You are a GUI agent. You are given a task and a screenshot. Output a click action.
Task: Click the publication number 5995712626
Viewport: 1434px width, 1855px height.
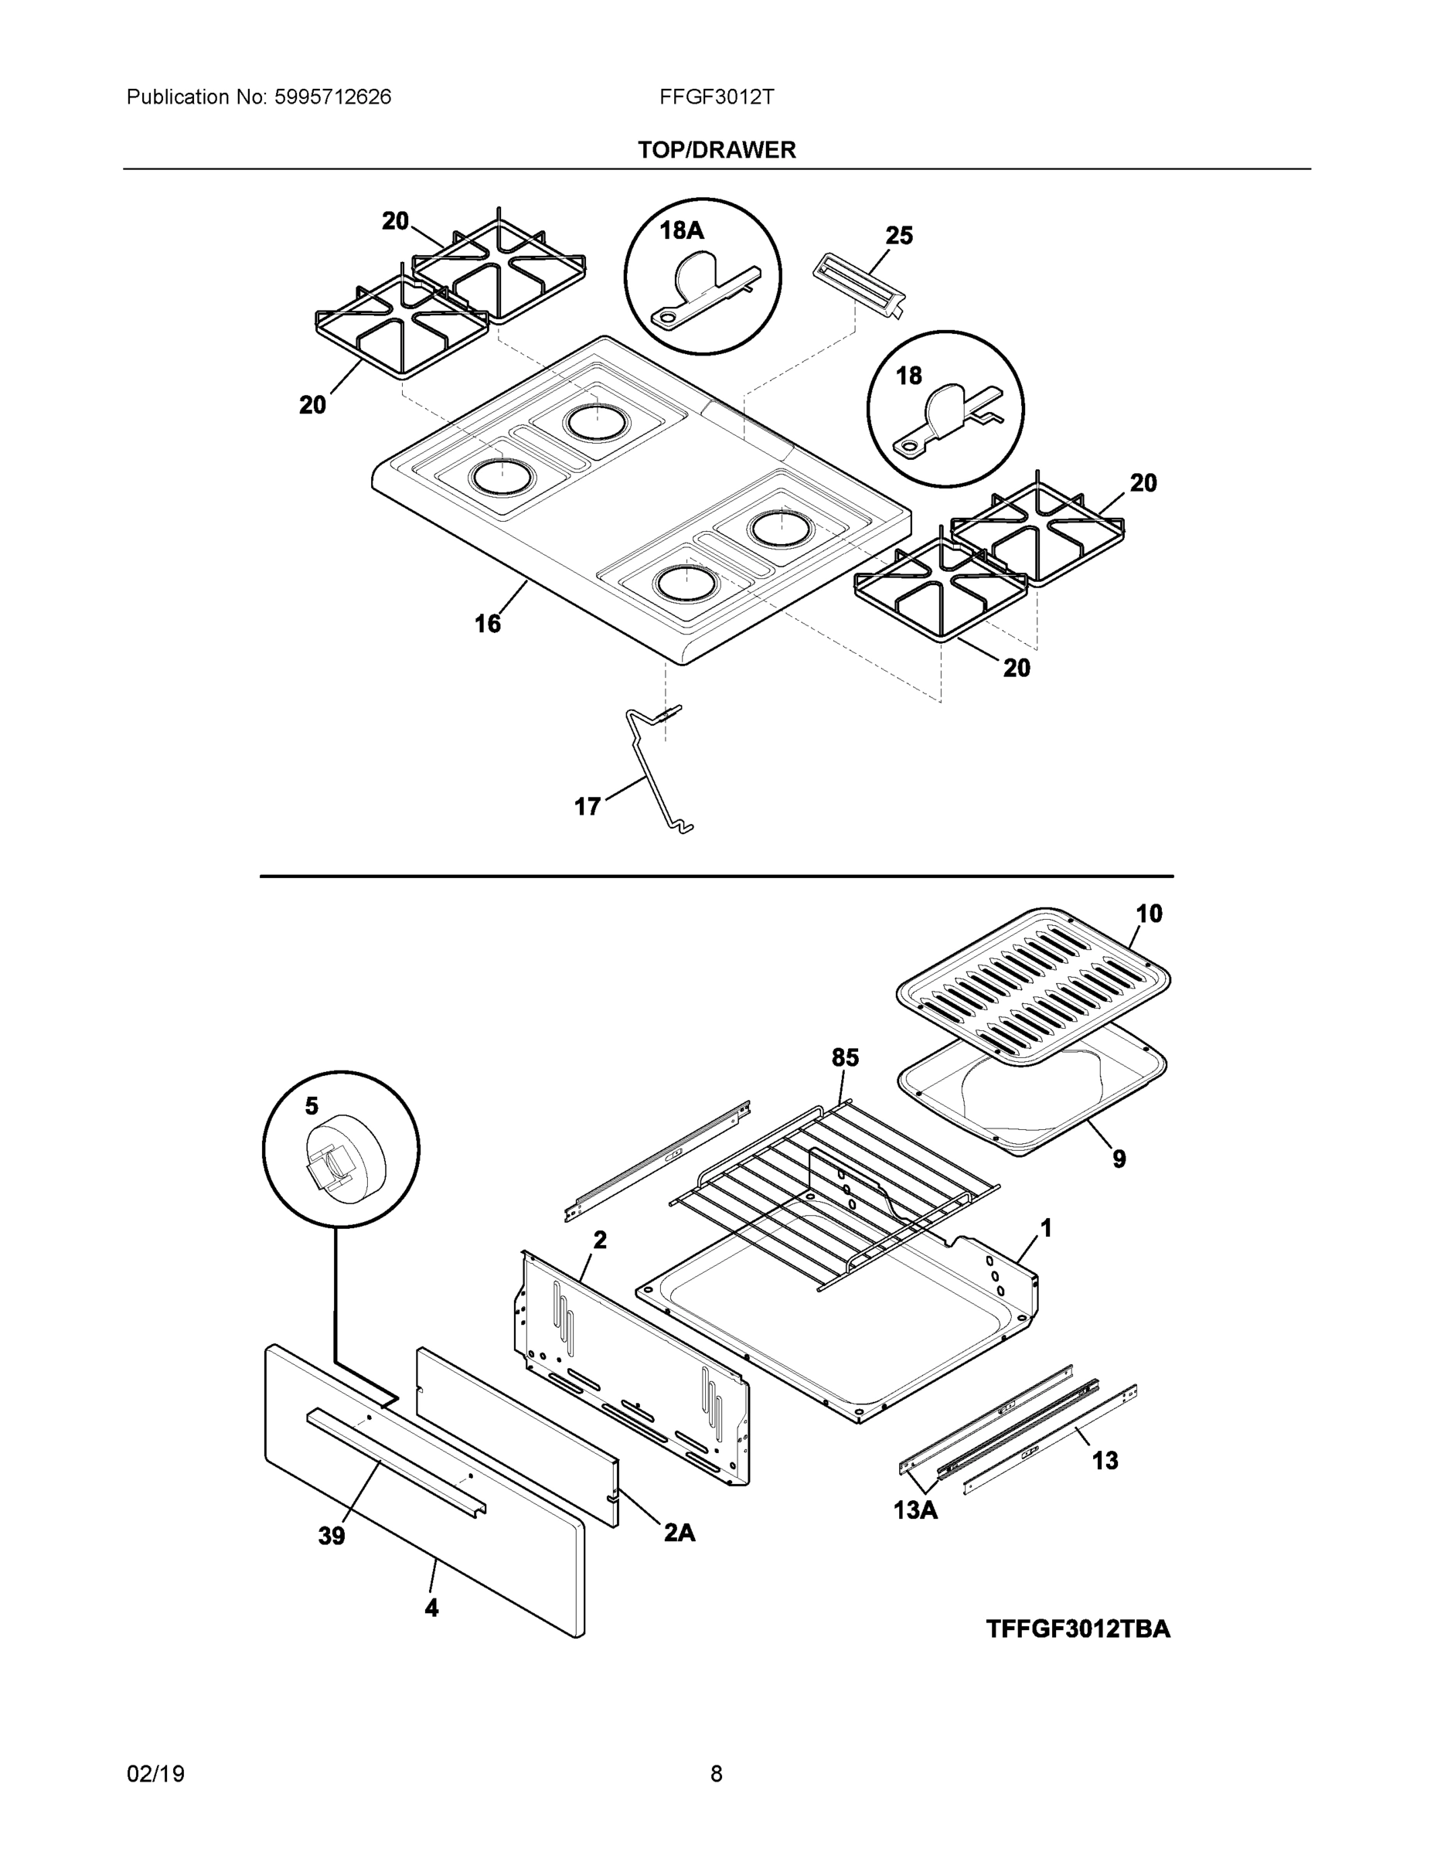[x=332, y=97]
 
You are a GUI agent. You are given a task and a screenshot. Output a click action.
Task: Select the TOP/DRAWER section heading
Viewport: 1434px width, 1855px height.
[x=716, y=151]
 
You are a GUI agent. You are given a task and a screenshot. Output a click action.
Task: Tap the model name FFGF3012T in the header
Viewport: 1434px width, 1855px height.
[x=716, y=97]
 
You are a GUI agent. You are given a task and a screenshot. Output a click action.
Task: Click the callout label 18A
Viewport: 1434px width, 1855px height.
[x=681, y=230]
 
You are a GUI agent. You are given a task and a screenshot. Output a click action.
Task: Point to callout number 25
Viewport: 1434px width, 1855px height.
[x=899, y=235]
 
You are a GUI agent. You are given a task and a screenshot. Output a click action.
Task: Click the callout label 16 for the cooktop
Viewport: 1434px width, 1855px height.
[x=487, y=625]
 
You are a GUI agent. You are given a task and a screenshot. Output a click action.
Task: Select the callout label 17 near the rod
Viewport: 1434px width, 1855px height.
[x=587, y=806]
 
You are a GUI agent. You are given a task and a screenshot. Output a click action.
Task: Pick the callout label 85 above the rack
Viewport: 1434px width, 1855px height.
[x=844, y=1057]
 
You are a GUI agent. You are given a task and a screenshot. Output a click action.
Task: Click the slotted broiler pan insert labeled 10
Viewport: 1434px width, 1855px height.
[x=1032, y=985]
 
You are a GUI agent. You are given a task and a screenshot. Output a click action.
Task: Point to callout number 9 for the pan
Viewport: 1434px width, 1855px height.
[x=1119, y=1159]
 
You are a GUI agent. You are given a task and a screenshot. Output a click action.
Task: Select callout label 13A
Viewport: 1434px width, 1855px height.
[x=915, y=1510]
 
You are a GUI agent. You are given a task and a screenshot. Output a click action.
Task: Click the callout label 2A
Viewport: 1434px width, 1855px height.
[x=679, y=1531]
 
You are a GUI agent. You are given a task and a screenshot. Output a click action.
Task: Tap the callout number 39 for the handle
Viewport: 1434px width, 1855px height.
[x=332, y=1536]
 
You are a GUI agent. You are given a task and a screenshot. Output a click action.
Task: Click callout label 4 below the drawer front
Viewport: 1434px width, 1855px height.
[x=431, y=1607]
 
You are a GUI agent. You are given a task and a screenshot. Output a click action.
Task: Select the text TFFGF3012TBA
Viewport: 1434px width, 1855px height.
[x=1077, y=1629]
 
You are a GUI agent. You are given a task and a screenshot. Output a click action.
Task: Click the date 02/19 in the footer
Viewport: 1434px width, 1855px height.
[x=155, y=1774]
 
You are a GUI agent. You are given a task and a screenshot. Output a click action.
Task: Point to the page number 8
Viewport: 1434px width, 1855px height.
[x=716, y=1774]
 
